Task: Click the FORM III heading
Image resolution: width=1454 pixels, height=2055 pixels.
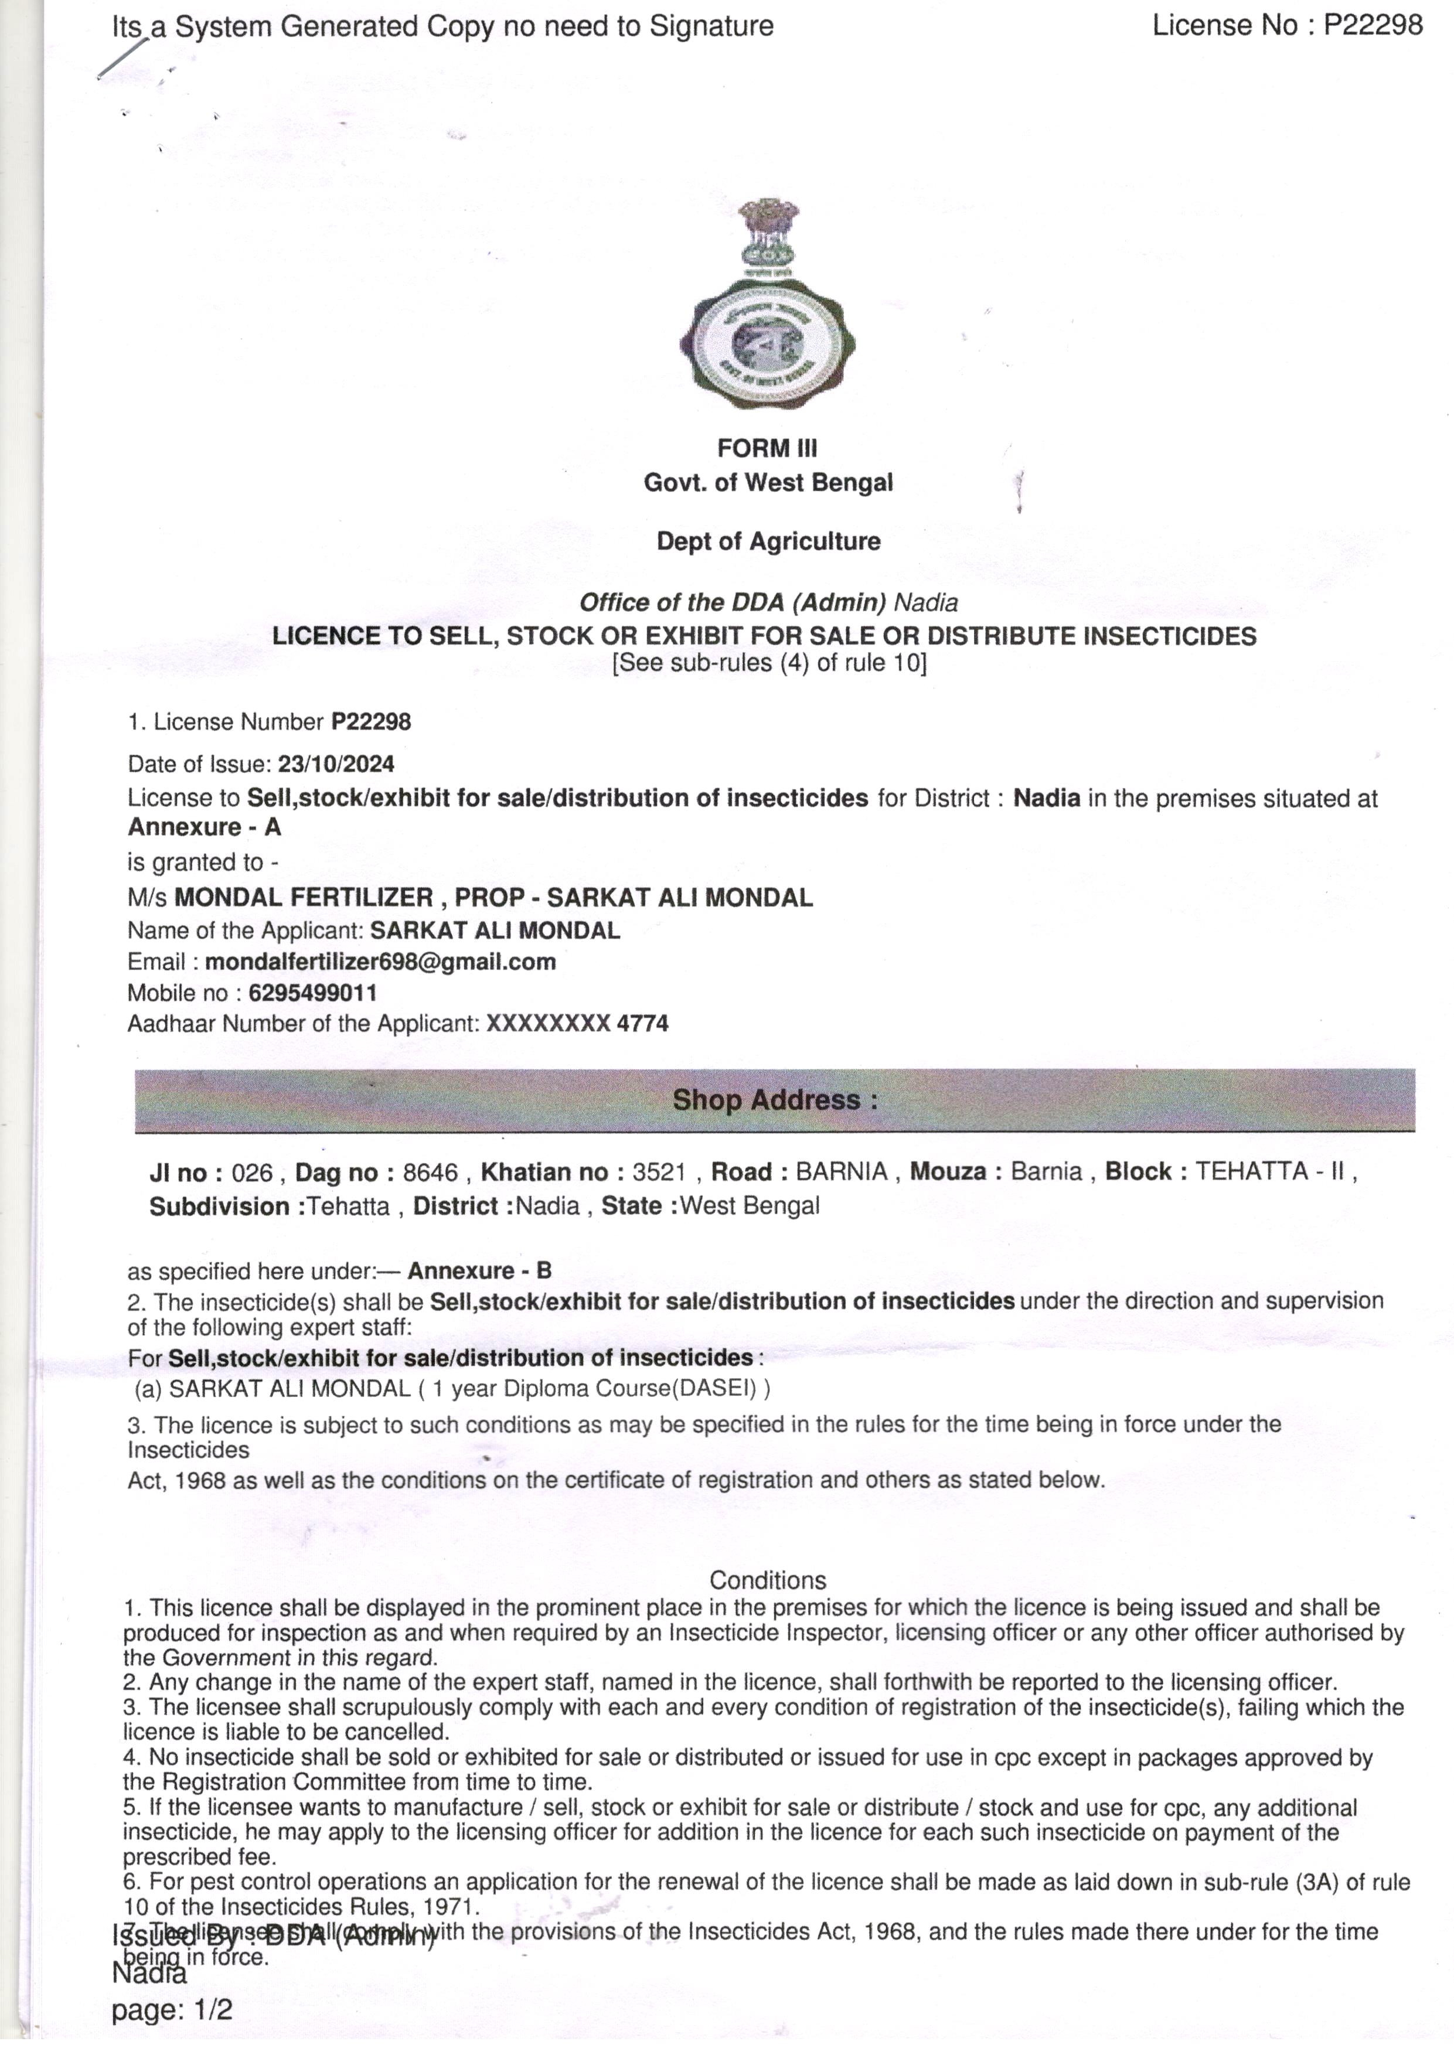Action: tap(767, 448)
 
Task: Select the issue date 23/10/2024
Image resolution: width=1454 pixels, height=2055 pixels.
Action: tap(336, 764)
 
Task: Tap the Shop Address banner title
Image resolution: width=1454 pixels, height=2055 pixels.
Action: tap(774, 1099)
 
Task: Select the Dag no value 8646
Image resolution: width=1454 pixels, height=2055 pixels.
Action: tap(430, 1173)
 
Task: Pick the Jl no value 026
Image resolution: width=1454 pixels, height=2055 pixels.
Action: tap(251, 1173)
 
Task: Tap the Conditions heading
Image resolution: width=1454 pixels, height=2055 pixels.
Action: tap(767, 1580)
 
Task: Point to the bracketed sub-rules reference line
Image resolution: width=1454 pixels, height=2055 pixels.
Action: tap(769, 663)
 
